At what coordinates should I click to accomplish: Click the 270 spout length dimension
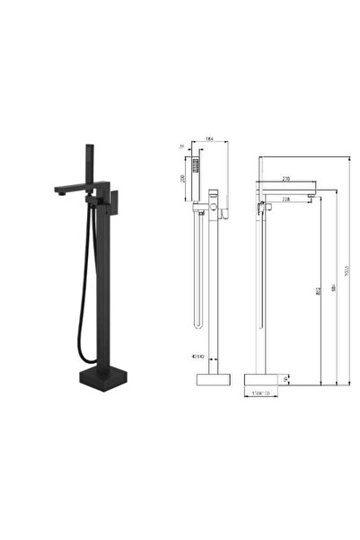coord(286,179)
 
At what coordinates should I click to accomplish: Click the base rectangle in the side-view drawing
coord(215,378)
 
